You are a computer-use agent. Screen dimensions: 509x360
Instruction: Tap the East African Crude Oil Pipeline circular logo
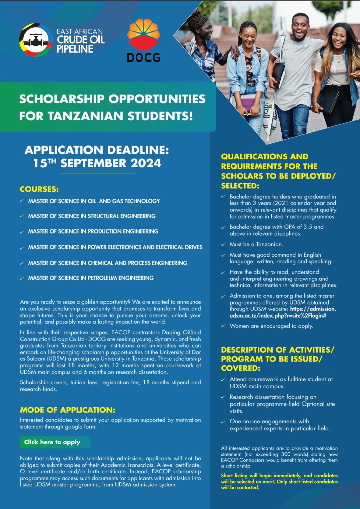pos(36,40)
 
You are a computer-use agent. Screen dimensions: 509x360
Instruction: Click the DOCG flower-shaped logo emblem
pos(143,33)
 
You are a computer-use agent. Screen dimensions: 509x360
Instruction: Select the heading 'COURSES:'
pos(39,189)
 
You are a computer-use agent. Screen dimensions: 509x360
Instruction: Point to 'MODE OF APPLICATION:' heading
pos(68,410)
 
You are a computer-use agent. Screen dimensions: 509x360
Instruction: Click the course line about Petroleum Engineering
pos(91,278)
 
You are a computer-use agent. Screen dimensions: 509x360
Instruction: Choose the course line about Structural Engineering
pos(92,216)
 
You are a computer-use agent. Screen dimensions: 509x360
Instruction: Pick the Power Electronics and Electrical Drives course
pos(115,247)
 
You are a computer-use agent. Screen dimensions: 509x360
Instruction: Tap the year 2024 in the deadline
pos(146,163)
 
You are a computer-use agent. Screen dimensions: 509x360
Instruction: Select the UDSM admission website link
pos(283,312)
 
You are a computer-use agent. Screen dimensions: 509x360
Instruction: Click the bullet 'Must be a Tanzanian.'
pos(256,244)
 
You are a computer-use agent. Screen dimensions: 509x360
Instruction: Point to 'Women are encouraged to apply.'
pos(271,326)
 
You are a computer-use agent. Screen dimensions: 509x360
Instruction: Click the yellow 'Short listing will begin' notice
pos(279,482)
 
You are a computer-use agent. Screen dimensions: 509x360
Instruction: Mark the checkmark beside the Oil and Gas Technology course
pos(22,201)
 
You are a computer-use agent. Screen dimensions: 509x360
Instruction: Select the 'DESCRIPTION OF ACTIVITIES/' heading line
pos(277,350)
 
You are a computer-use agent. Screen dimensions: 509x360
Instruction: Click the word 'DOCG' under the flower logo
pos(143,57)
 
